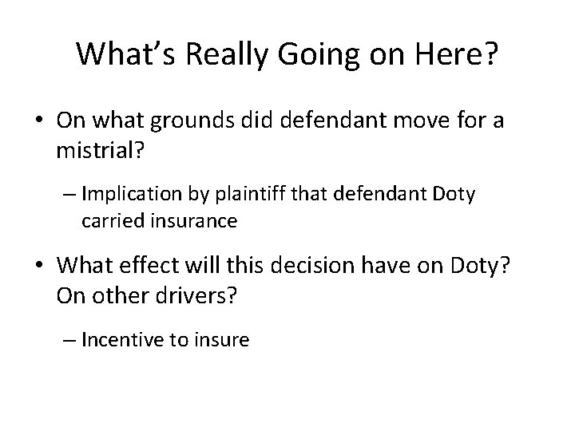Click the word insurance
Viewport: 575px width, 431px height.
pyautogui.click(x=192, y=221)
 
